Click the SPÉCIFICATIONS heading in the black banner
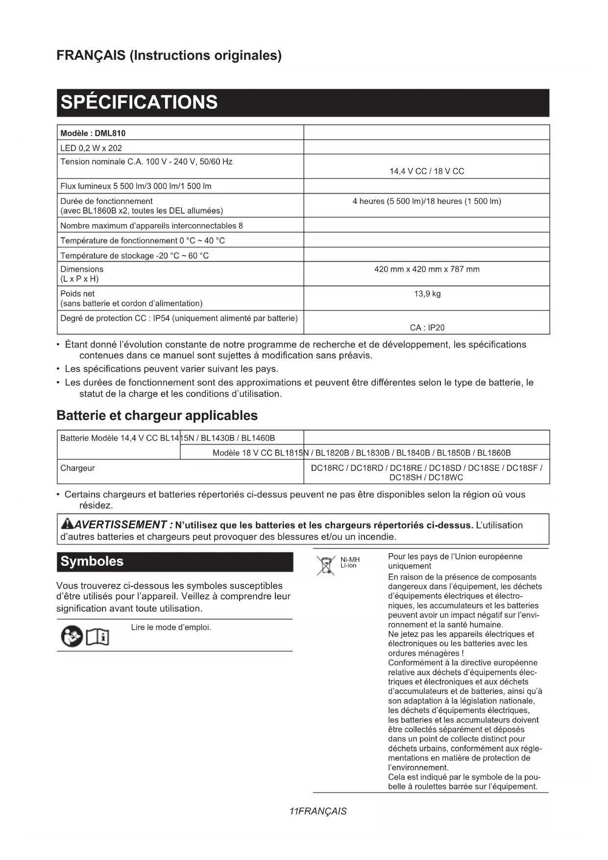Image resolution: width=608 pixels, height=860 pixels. point(139,102)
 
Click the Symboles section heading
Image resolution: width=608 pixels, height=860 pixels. point(92,561)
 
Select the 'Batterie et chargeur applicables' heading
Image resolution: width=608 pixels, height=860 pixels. point(157,415)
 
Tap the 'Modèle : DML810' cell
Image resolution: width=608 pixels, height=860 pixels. point(93,133)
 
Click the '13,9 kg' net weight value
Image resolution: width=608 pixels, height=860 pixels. point(427,294)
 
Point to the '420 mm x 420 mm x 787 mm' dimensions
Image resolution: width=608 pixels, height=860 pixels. point(427,269)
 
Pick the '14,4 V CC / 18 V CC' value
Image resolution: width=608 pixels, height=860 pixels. point(427,171)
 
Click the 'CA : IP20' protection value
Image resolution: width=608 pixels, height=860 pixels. point(427,328)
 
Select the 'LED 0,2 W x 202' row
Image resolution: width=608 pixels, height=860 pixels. point(91,148)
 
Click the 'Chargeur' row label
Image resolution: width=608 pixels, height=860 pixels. point(77,468)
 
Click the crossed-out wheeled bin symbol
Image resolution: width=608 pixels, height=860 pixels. point(325,565)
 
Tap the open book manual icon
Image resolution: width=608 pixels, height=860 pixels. point(97,637)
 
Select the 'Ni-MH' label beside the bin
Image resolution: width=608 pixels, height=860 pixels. point(350,559)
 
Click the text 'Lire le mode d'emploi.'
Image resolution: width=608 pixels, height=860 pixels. point(171,627)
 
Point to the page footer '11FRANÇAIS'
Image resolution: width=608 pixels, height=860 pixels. point(318,811)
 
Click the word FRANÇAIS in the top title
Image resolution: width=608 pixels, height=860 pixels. point(91,55)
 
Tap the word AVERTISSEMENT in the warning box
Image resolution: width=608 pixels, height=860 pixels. point(121,525)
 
